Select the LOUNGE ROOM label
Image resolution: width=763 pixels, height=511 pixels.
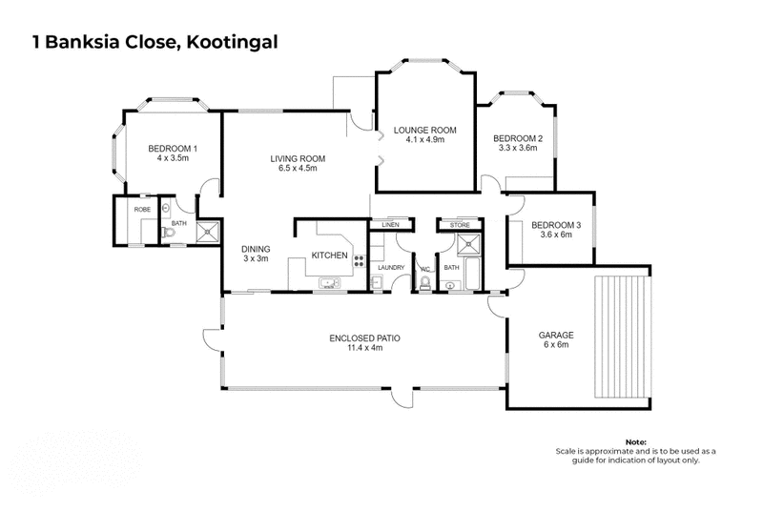[x=425, y=130]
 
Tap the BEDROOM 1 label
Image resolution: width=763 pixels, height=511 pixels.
[x=173, y=148]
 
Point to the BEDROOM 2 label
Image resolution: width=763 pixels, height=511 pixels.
[x=518, y=138]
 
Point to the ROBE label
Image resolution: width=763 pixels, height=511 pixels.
[x=143, y=208]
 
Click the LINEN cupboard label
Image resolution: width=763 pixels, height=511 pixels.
[x=389, y=225]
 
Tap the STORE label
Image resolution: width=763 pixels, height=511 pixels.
[x=461, y=225]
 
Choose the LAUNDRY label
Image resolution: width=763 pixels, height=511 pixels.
[x=392, y=268]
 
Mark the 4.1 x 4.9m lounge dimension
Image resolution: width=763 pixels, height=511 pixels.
[x=425, y=139]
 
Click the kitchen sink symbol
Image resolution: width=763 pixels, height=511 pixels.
[x=328, y=283]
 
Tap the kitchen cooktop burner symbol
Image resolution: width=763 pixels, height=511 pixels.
[x=360, y=257]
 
